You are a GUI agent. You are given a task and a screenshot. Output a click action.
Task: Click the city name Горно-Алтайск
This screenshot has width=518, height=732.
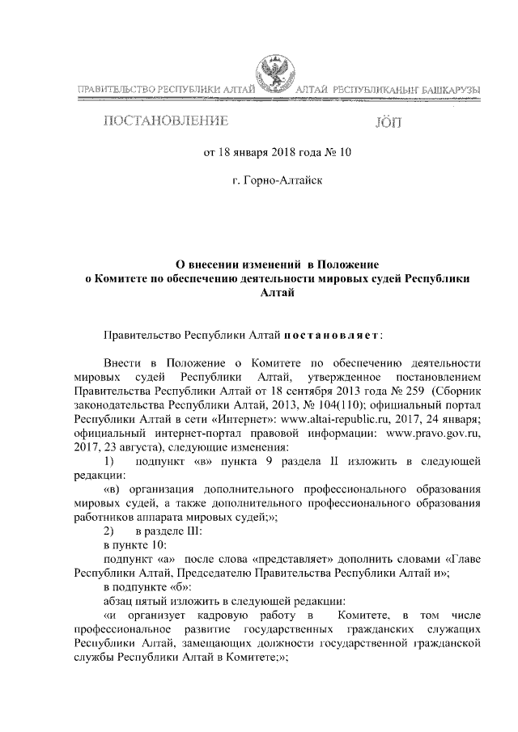(285, 180)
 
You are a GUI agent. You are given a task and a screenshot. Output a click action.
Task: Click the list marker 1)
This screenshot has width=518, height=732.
(113, 462)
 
